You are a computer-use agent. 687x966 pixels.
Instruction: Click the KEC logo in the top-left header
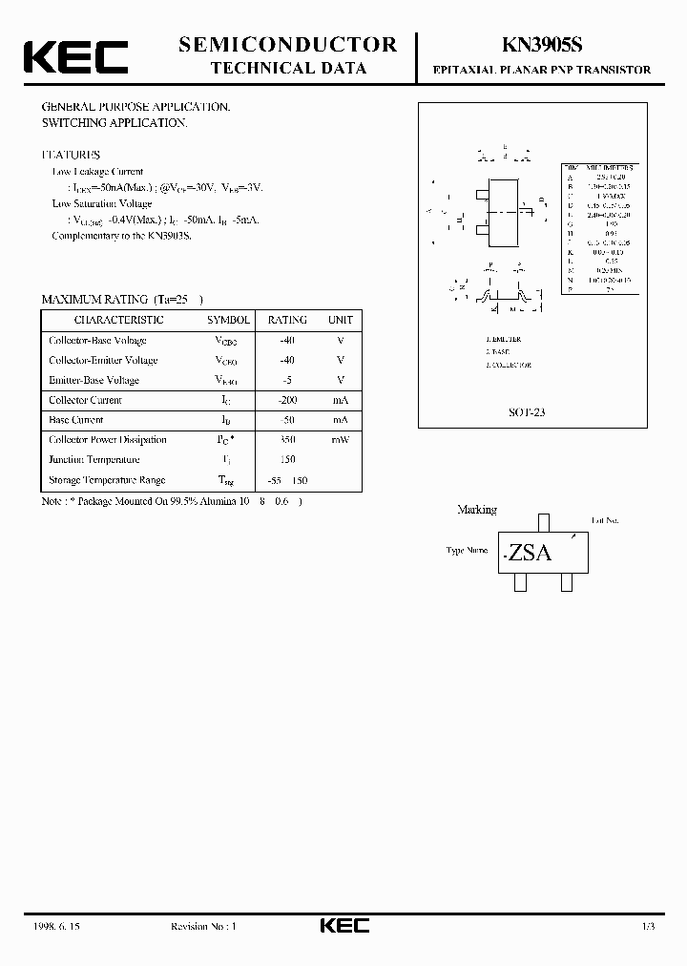pyautogui.click(x=75, y=56)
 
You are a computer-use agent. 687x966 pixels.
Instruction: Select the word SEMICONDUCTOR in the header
pyautogui.click(x=288, y=44)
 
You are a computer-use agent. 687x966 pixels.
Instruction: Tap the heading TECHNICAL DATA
pyautogui.click(x=287, y=68)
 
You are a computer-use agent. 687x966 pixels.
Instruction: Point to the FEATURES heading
pyautogui.click(x=71, y=154)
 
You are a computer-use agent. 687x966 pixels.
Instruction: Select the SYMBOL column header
pyautogui.click(x=229, y=320)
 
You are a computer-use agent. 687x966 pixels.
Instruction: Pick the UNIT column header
pyautogui.click(x=340, y=320)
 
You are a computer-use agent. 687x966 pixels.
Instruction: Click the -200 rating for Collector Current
pyautogui.click(x=287, y=400)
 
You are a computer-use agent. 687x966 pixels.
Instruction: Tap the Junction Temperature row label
pyautogui.click(x=94, y=460)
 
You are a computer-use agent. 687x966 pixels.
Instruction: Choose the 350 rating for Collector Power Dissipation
pyautogui.click(x=287, y=440)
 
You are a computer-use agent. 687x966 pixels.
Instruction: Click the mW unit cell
pyautogui.click(x=340, y=440)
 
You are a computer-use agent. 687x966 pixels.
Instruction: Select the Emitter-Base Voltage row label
pyautogui.click(x=94, y=380)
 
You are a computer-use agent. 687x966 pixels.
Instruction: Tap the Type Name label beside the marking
pyautogui.click(x=467, y=550)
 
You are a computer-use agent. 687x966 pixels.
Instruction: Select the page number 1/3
pyautogui.click(x=648, y=926)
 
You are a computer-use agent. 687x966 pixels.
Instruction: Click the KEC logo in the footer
pyautogui.click(x=343, y=926)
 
